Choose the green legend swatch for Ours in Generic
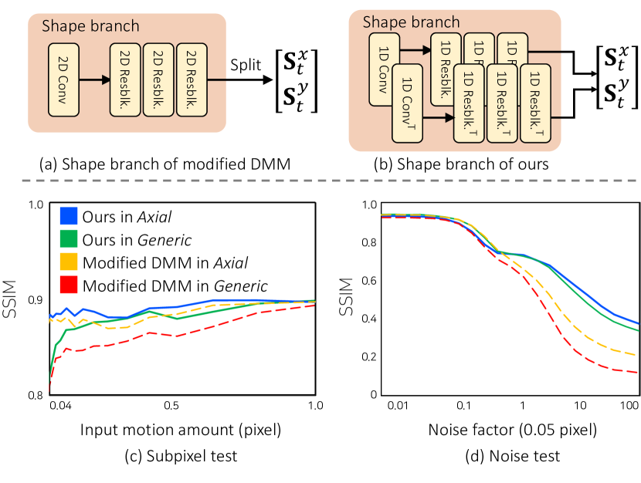[x=67, y=240]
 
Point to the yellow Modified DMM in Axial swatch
[x=67, y=263]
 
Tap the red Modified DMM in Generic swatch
[x=67, y=286]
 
